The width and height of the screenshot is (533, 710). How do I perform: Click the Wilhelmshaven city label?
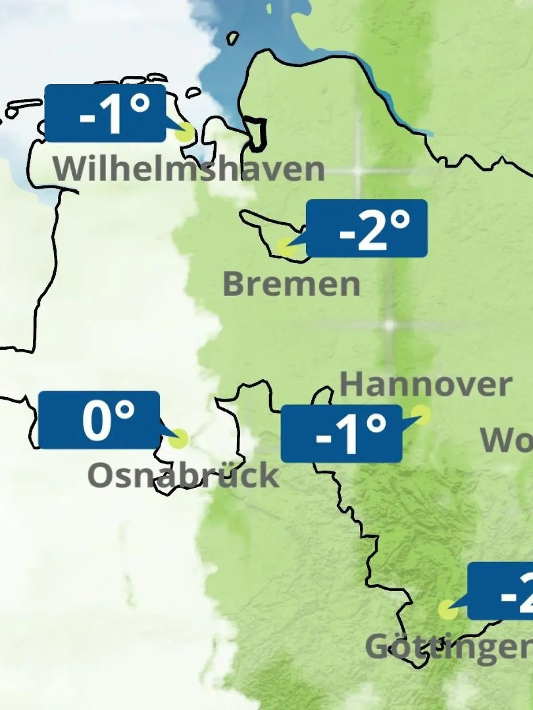click(189, 169)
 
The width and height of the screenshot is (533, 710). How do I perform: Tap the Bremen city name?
click(291, 284)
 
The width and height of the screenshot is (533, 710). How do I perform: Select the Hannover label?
click(426, 385)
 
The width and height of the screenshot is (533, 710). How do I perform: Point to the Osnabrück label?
click(183, 475)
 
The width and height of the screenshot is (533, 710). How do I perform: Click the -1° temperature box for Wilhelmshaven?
click(105, 114)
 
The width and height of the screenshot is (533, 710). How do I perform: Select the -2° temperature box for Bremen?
click(367, 228)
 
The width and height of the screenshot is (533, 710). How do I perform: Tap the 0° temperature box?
click(99, 420)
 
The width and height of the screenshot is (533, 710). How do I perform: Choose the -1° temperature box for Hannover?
click(342, 434)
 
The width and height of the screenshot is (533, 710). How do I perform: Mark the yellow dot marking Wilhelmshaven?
click(185, 133)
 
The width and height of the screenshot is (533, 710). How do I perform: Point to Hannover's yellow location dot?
click(421, 414)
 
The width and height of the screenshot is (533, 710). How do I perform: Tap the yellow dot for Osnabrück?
click(179, 439)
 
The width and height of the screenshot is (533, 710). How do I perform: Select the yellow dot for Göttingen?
click(448, 610)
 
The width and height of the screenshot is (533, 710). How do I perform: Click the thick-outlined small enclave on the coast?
click(257, 133)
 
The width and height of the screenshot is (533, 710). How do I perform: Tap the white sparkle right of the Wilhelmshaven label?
click(358, 171)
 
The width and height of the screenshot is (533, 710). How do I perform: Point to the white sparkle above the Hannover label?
click(390, 325)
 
